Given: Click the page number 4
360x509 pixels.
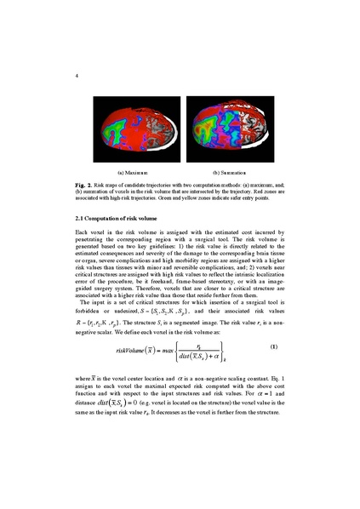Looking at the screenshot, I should [x=77, y=76].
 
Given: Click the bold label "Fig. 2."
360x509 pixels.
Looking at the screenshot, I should [x=85, y=186].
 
